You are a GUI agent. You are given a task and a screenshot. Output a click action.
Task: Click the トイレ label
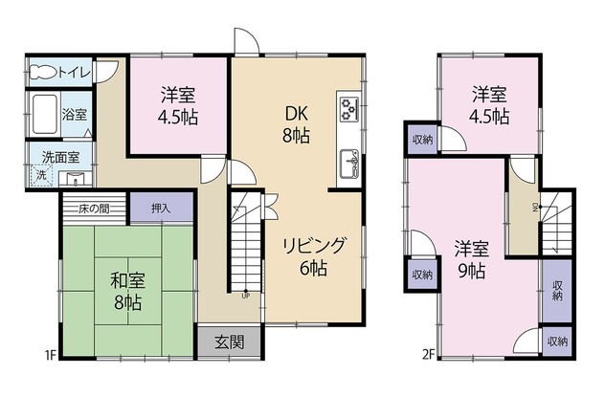[x=78, y=71]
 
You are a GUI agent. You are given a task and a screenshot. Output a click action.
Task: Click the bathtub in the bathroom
[x=44, y=114]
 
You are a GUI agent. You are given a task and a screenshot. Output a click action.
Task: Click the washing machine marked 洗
[x=41, y=175]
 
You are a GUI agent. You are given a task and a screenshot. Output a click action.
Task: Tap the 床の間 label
[x=92, y=209]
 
